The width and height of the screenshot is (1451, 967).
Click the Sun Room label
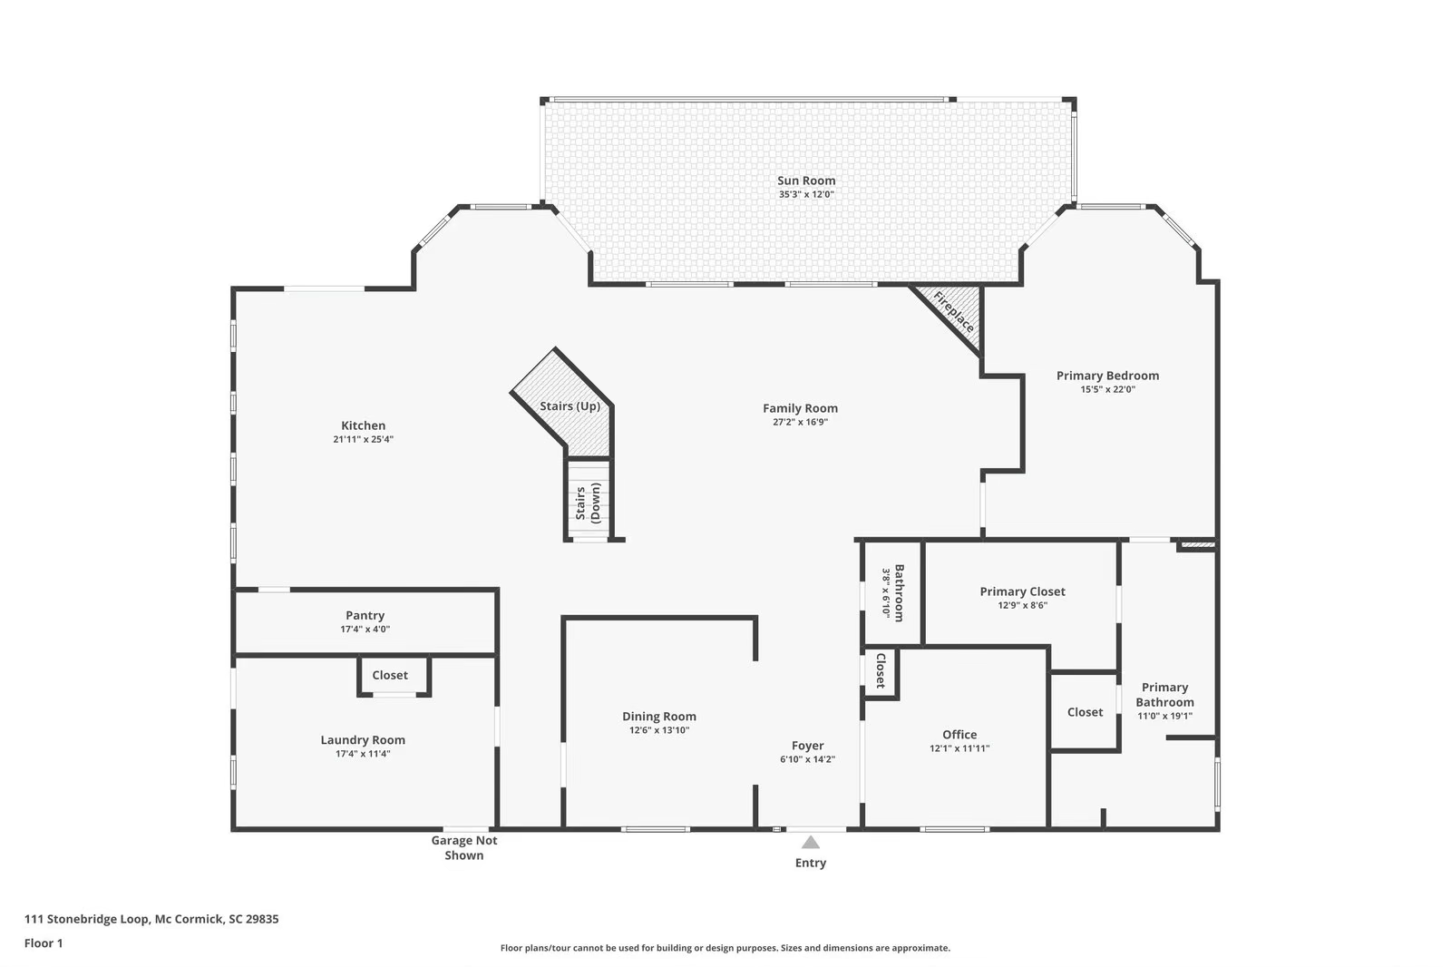pyautogui.click(x=805, y=181)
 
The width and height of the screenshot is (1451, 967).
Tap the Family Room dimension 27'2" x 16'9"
pyautogui.click(x=800, y=422)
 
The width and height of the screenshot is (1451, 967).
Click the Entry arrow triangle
pyautogui.click(x=811, y=843)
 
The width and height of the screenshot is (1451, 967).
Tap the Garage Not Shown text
pyautogui.click(x=463, y=847)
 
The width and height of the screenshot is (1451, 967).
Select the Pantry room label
pyautogui.click(x=365, y=615)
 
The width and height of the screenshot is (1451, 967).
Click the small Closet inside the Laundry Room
pyautogui.click(x=390, y=675)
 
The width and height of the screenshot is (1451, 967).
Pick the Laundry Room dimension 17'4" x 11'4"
pyautogui.click(x=363, y=754)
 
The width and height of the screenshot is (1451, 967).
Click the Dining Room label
pyautogui.click(x=659, y=716)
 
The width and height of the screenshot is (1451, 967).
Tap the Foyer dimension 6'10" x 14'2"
pyautogui.click(x=807, y=759)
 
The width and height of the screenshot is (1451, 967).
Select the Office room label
pyautogui.click(x=959, y=735)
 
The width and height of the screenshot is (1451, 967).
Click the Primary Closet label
pyautogui.click(x=1022, y=591)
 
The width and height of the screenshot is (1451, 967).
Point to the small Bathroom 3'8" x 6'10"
pyautogui.click(x=892, y=592)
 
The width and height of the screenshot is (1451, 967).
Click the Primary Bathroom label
pyautogui.click(x=1164, y=695)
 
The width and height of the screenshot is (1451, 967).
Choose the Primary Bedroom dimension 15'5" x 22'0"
pyautogui.click(x=1107, y=389)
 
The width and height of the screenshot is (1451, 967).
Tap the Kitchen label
pyautogui.click(x=363, y=425)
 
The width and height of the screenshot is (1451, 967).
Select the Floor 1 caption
pyautogui.click(x=44, y=943)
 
